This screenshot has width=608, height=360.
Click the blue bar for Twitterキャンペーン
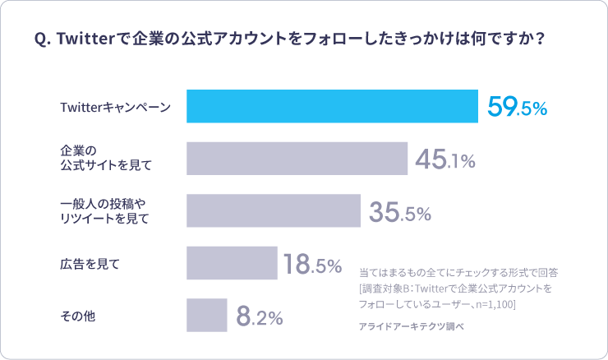point(332,106)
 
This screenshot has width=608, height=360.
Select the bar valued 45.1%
point(297,159)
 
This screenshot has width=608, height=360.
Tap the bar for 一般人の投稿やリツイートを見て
point(274,210)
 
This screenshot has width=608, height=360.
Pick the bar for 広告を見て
point(232,263)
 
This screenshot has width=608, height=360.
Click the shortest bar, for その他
point(206,315)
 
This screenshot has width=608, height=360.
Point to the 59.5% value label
point(517,108)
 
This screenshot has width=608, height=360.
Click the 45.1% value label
point(444,160)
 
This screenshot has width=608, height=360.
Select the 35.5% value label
point(399,212)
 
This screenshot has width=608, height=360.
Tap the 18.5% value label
point(312,265)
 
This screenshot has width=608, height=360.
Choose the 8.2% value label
point(259,316)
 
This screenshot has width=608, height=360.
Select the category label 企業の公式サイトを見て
point(106,159)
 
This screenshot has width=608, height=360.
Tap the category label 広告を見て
point(90,264)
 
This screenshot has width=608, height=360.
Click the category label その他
point(78,316)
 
